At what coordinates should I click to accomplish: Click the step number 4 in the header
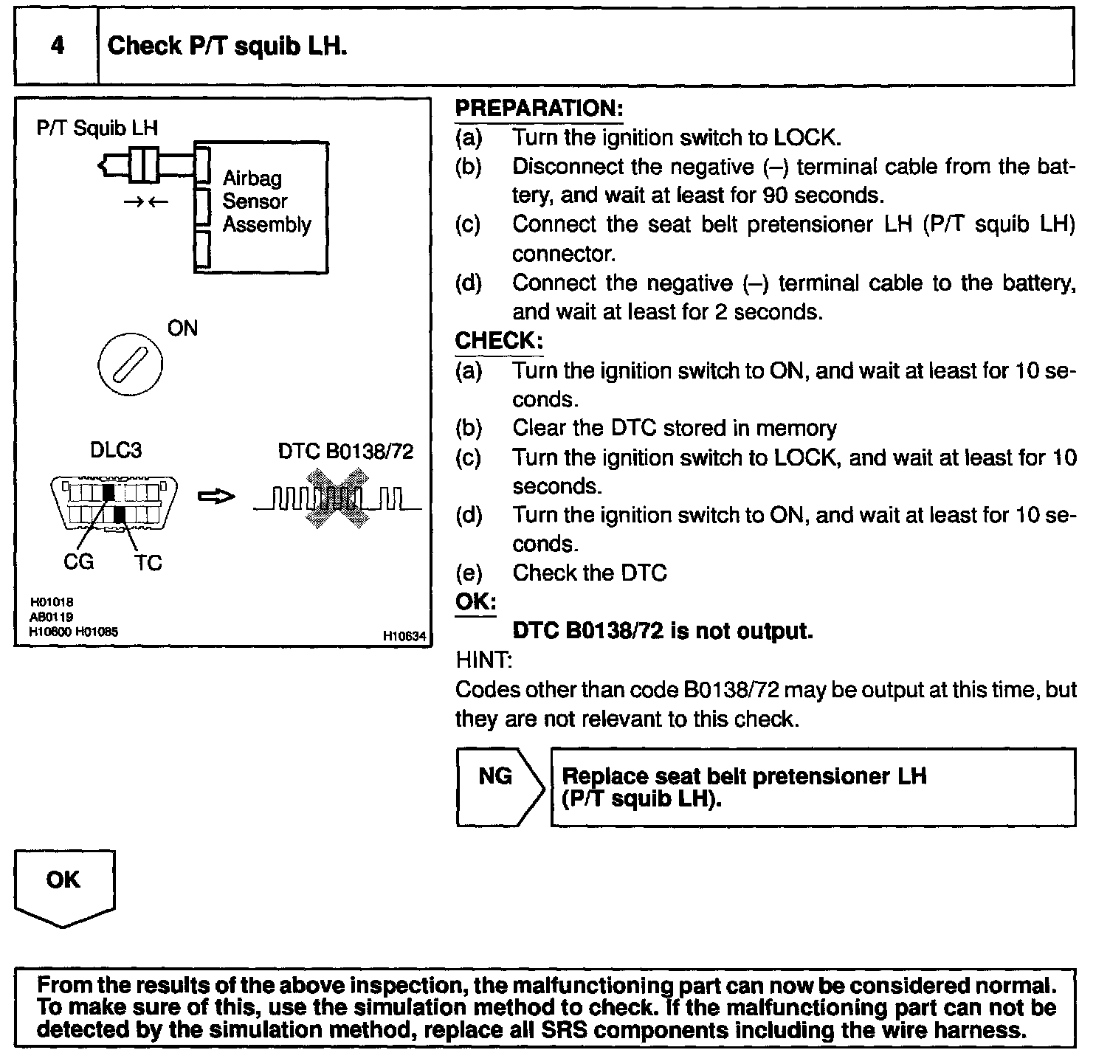[57, 46]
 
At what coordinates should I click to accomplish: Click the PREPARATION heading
[539, 108]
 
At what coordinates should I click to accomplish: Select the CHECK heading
[499, 341]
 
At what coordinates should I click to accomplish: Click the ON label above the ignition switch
[182, 328]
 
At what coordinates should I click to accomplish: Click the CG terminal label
[79, 562]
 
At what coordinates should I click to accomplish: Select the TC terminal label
[148, 563]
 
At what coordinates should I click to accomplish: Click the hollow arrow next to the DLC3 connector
[216, 497]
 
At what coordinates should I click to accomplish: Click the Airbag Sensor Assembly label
[266, 201]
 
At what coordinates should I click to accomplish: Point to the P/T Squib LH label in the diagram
[97, 128]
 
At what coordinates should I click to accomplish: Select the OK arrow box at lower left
[63, 885]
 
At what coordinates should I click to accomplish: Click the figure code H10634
[405, 635]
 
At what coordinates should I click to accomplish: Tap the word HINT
[483, 660]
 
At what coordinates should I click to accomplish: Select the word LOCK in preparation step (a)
[805, 138]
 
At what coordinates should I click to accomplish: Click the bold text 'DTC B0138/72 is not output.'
[662, 631]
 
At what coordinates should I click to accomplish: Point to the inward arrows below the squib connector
[146, 201]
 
